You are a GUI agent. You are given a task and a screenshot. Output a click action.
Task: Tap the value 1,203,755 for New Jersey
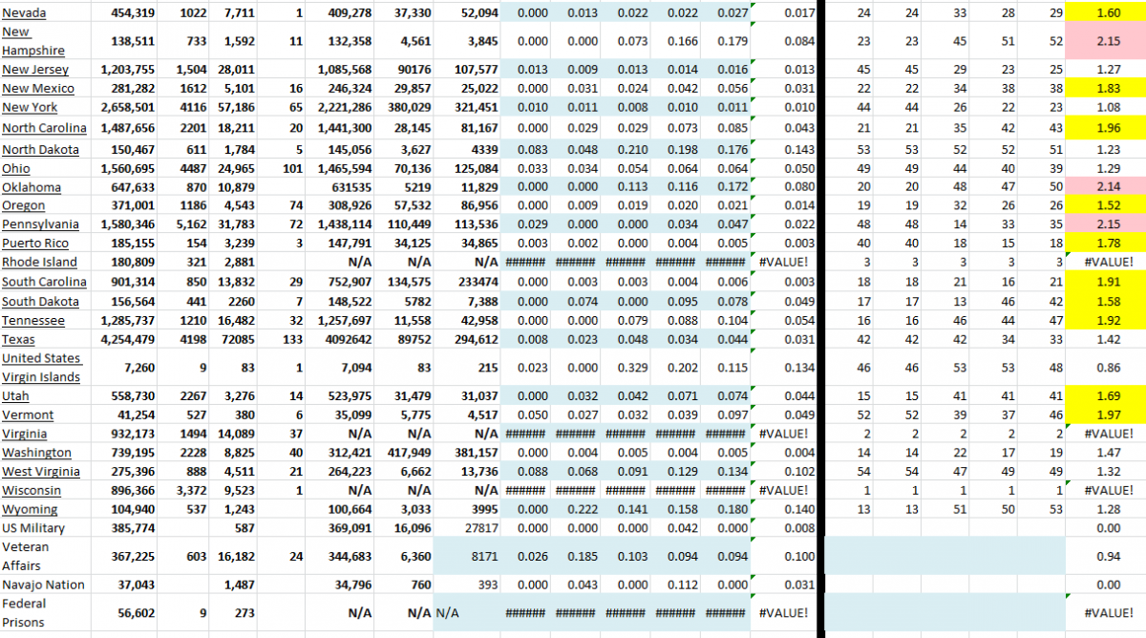pos(126,70)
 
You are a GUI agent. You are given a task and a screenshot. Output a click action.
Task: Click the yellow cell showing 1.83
pos(1108,89)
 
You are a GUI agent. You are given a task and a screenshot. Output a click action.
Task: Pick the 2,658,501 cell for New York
pos(126,108)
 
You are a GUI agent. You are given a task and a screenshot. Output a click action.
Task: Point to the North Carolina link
pos(44,128)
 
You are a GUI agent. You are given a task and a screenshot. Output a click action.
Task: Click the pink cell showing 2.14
pos(1108,186)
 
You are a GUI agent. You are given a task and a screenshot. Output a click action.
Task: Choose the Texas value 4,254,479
pos(126,339)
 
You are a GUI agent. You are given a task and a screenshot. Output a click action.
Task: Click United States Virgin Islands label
pos(41,368)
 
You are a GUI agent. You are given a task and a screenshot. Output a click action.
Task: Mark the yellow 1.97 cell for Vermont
pos(1108,415)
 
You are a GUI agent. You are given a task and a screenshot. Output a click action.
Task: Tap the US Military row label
pos(33,528)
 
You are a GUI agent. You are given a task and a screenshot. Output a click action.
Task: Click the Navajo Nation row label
pos(43,585)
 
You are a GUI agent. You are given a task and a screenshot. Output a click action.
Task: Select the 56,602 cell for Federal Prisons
pos(137,613)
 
